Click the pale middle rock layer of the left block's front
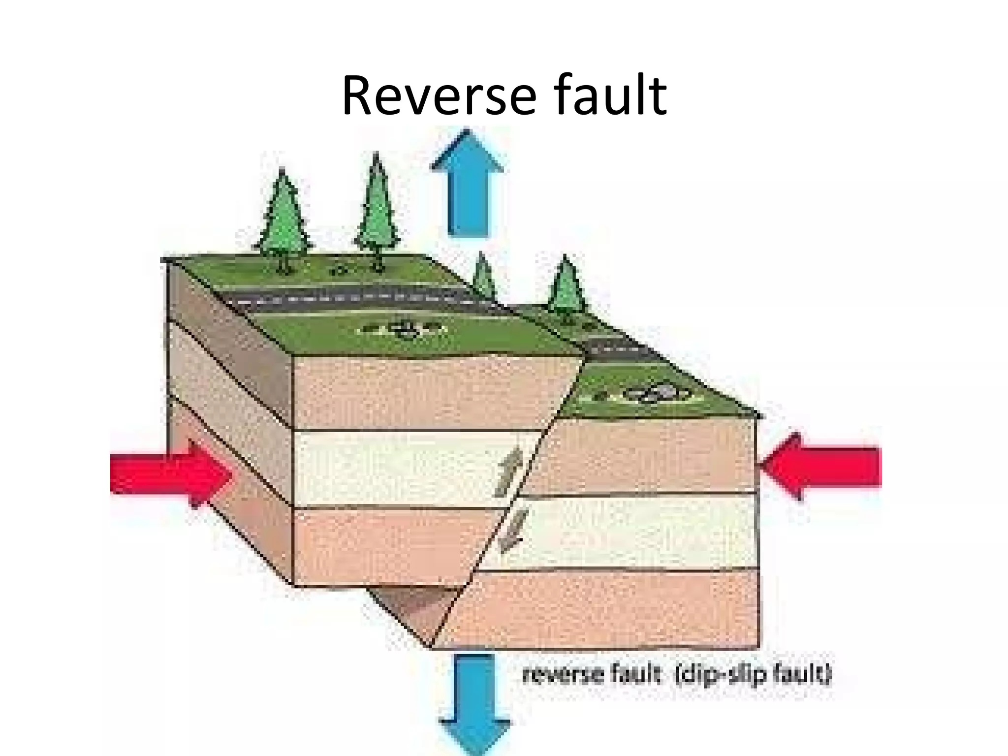pyautogui.click(x=394, y=468)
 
